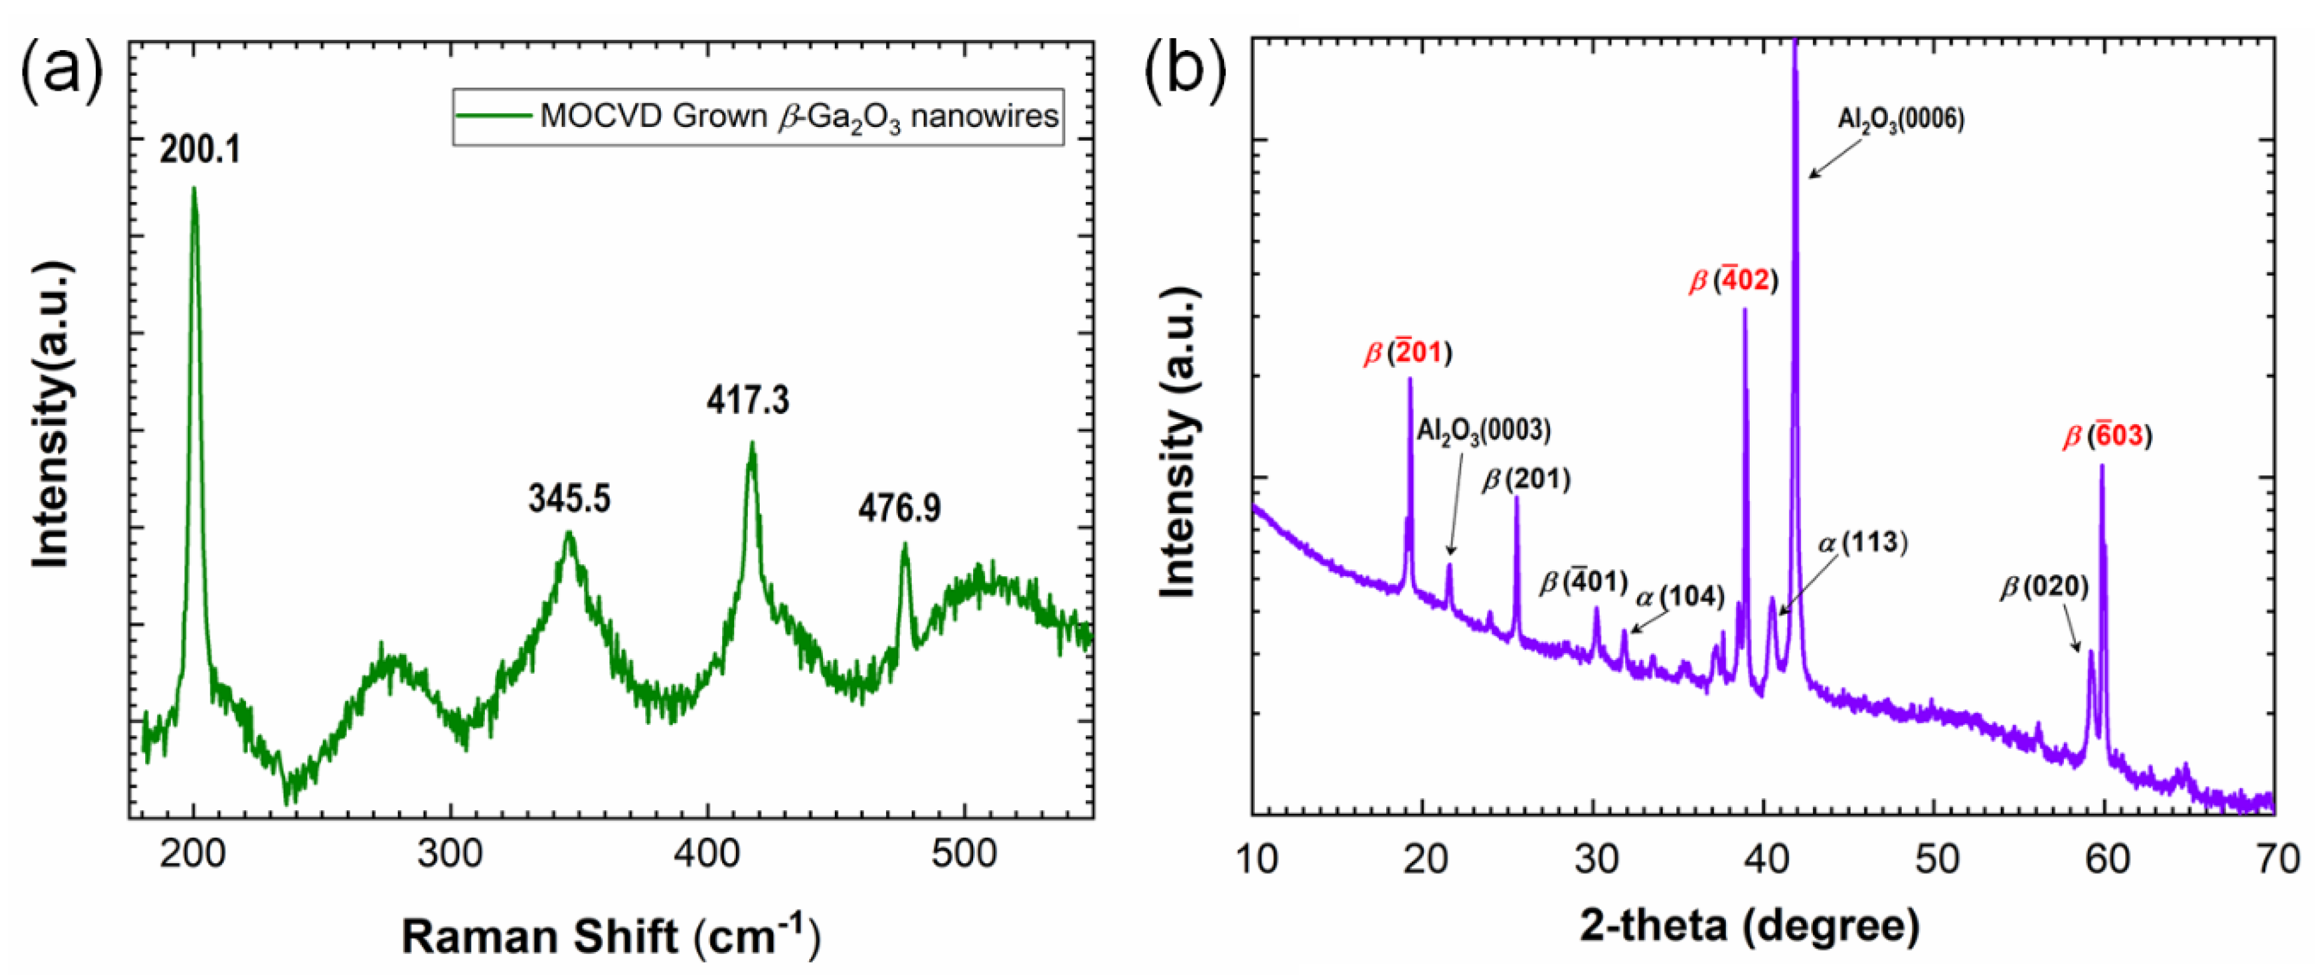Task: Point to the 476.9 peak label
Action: coord(899,509)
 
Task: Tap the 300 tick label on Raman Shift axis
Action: coord(450,853)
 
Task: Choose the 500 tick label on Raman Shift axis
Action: coord(964,853)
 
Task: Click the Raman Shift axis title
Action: coord(611,936)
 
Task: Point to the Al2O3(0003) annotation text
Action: coord(1484,430)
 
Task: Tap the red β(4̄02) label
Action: coord(1733,281)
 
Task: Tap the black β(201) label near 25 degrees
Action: coord(1526,480)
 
